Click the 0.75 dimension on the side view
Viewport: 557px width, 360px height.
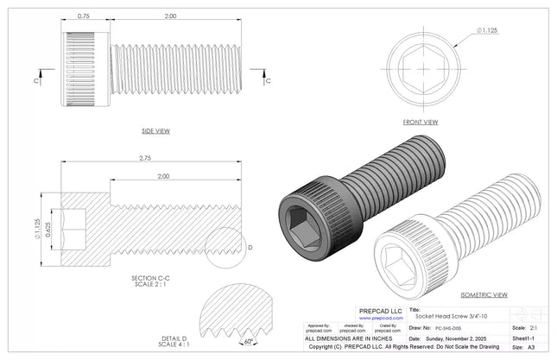pyautogui.click(x=84, y=16)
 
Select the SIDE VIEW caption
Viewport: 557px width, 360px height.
pyautogui.click(x=155, y=130)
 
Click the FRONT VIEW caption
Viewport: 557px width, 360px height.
pyautogui.click(x=421, y=123)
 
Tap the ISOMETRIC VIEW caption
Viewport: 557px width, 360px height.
pyautogui.click(x=485, y=294)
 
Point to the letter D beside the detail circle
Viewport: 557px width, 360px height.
pyautogui.click(x=250, y=248)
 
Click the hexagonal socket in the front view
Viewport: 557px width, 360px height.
pyautogui.click(x=421, y=67)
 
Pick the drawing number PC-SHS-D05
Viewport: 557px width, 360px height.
pyautogui.click(x=453, y=328)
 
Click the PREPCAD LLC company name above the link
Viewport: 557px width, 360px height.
pyautogui.click(x=380, y=310)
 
